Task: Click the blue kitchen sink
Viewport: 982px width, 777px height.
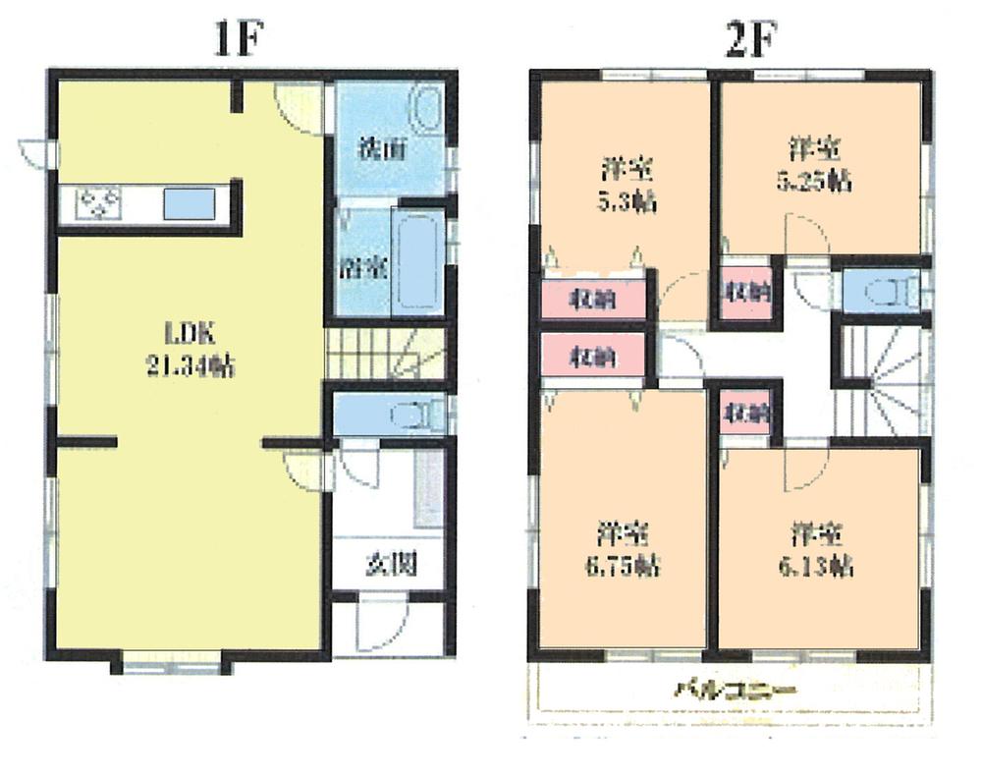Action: coord(186,204)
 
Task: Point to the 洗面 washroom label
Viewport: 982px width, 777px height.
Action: coord(378,151)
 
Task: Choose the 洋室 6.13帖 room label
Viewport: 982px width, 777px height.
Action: coord(818,549)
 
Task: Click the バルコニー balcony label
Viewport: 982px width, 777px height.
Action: coord(735,690)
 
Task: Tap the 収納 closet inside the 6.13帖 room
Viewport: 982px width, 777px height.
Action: coord(746,415)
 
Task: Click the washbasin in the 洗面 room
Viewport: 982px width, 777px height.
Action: coord(424,107)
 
